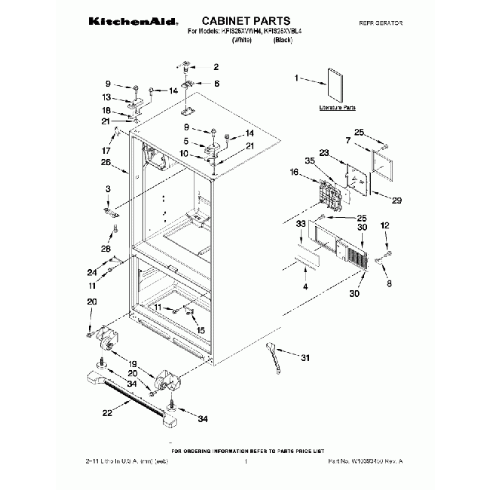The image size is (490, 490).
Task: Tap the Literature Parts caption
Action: pos(337,109)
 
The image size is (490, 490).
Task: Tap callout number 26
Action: pos(106,162)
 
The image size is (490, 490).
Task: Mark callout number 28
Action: pos(106,248)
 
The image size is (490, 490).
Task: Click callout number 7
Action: pos(348,141)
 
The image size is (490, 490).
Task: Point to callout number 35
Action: pos(310,161)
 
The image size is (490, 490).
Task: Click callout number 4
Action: pos(305,286)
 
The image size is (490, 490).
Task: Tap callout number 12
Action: pos(384,225)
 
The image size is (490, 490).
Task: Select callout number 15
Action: pos(201,329)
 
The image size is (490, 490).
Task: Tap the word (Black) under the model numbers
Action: pos(282,44)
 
